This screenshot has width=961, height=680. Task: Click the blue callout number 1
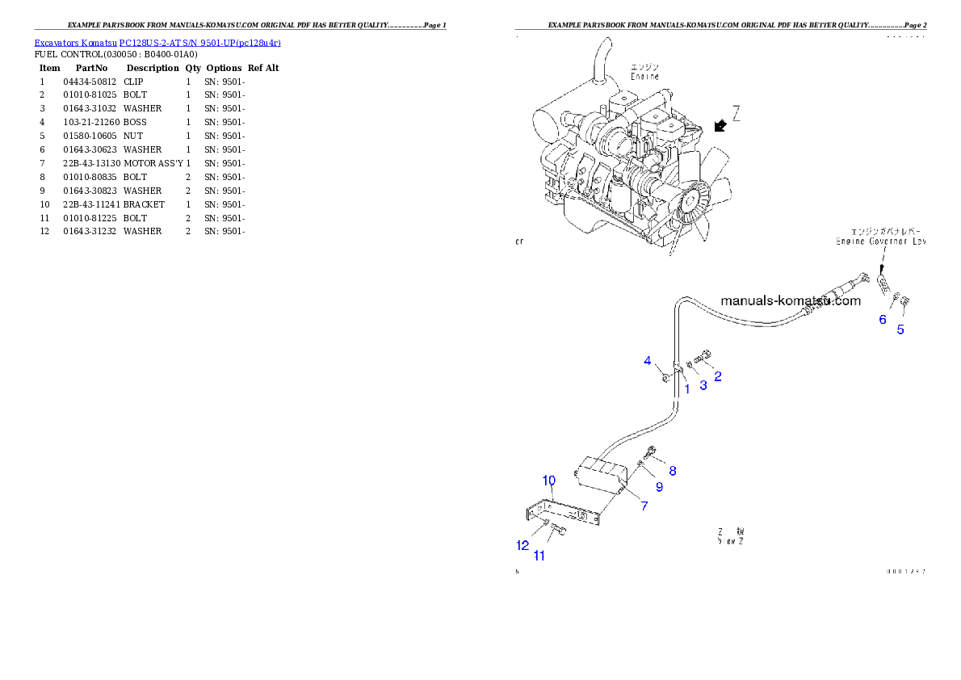point(687,388)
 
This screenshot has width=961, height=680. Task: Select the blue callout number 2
point(718,376)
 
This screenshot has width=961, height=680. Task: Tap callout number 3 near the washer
point(703,385)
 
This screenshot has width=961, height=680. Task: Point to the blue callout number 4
point(648,360)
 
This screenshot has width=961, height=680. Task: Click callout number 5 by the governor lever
point(901,329)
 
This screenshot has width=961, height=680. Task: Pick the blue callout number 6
point(883,319)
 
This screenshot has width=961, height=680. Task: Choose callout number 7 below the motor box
point(644,506)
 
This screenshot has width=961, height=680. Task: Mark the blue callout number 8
point(672,470)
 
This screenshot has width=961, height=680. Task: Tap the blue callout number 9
point(659,486)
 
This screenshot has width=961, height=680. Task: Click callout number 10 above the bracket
point(549,481)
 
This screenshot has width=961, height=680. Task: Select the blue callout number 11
point(539,556)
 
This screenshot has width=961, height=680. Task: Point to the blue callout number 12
point(522,545)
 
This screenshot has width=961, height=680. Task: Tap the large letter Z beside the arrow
point(736,112)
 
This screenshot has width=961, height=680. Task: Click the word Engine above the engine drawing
point(644,76)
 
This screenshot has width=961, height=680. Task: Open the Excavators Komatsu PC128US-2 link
point(157,43)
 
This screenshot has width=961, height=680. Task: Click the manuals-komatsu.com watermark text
point(791,300)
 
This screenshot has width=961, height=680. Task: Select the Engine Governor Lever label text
point(880,241)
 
